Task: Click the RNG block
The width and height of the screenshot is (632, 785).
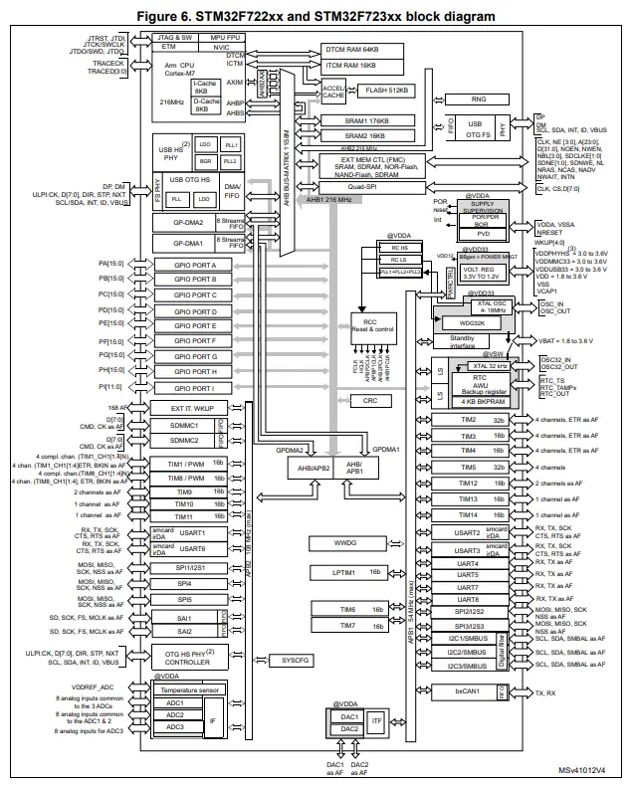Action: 479,99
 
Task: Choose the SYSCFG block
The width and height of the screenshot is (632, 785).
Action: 296,660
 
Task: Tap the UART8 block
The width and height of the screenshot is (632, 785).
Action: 468,599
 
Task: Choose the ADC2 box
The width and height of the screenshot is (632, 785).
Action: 175,714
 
